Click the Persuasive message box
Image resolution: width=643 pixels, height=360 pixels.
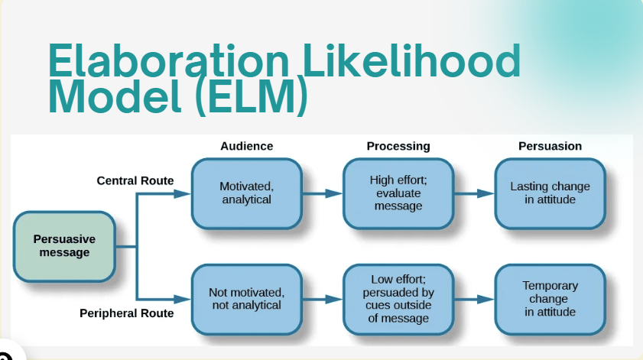tap(64, 245)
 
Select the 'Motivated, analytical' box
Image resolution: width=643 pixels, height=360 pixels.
tap(246, 193)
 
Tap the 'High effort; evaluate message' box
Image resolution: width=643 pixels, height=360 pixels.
tap(398, 193)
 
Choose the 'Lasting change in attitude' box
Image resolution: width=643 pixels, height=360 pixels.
tap(550, 193)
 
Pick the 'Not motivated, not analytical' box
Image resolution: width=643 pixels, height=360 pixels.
tap(246, 299)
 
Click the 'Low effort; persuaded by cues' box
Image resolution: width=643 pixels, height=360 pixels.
tap(398, 299)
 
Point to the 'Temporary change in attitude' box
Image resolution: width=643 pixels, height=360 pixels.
tap(550, 299)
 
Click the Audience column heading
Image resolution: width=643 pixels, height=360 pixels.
tap(246, 146)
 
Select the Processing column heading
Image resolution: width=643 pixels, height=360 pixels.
tap(398, 146)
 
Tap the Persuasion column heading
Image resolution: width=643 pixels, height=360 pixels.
tap(550, 146)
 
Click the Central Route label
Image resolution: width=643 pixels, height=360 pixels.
tap(135, 181)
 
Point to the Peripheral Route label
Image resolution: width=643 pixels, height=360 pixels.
tap(127, 313)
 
